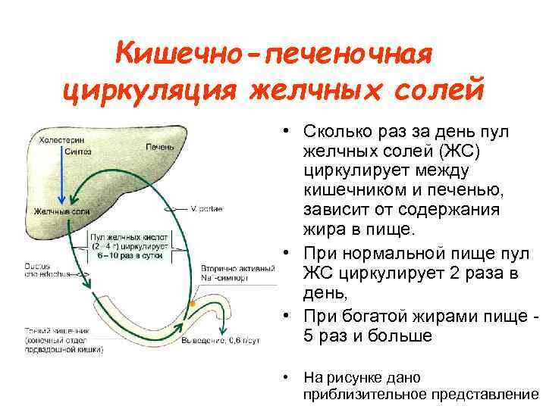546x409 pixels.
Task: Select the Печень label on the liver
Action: [x=159, y=145]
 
